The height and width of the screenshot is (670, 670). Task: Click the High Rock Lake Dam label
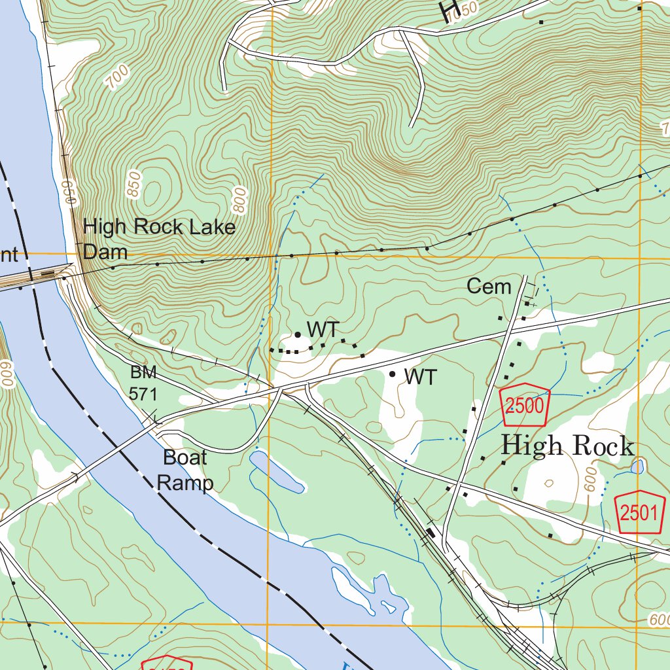[x=159, y=239]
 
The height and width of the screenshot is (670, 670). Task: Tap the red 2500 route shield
[x=525, y=406]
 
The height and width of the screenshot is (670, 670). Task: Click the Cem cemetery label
[x=489, y=287]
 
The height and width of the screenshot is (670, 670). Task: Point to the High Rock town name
[x=567, y=446]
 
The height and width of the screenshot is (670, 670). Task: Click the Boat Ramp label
[x=185, y=470]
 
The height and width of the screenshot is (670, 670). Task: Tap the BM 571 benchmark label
[x=143, y=383]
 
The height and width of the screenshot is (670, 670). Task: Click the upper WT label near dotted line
[x=324, y=330]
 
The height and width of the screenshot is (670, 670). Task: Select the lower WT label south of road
[x=420, y=377]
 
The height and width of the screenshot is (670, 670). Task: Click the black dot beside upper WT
[x=298, y=334]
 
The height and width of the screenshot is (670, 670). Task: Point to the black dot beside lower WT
[x=392, y=374]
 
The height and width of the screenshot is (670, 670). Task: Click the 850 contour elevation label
[x=135, y=183]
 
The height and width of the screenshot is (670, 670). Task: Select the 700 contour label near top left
[x=116, y=79]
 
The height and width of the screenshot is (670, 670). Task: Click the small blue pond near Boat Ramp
[x=275, y=472]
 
